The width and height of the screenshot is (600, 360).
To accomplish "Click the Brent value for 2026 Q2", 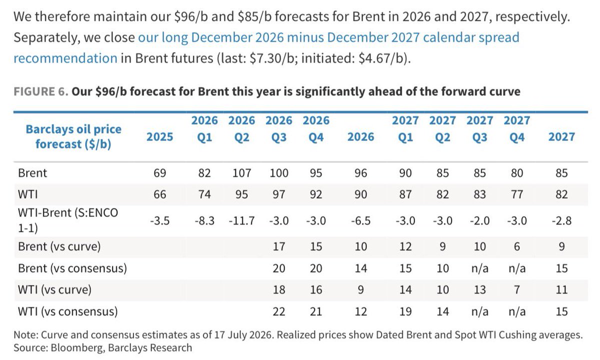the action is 241,173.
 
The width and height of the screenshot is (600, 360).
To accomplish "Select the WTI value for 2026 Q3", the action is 279,194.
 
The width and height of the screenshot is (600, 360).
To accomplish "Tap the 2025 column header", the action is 159,137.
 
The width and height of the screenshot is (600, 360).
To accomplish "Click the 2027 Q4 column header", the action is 516,129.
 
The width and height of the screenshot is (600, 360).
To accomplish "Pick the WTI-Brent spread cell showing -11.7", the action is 241,221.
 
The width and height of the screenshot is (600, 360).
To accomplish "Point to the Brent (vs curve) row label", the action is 59,246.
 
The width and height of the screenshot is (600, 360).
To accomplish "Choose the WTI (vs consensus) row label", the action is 68,311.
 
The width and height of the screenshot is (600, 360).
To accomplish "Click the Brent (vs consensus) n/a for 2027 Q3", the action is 479,268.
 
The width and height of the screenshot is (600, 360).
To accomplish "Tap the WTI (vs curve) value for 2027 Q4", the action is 516,290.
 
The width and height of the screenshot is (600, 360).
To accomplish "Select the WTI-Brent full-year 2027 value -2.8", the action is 561,221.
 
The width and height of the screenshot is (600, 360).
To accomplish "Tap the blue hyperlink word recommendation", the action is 65,58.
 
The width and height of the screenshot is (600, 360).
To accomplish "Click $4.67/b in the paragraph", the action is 381,58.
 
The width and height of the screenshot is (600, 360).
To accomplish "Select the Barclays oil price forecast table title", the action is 73,136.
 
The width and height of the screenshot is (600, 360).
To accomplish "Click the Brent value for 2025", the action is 159,173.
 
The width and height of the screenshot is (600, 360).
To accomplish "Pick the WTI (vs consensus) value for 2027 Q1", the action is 405,311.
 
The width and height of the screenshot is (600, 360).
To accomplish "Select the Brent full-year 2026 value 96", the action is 360,173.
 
